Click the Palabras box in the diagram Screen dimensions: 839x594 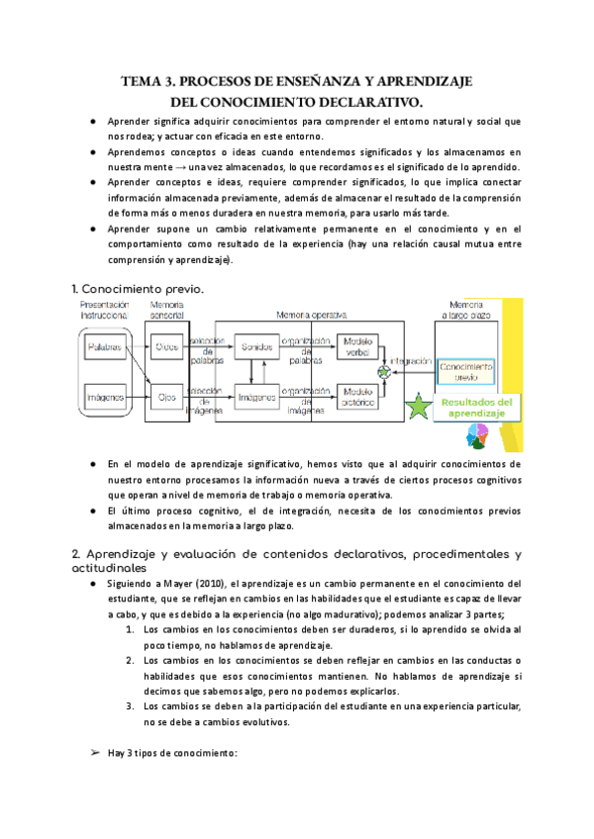(105, 349)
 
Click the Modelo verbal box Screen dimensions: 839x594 (357, 347)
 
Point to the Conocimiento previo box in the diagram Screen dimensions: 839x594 (465, 369)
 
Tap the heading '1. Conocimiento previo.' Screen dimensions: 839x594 (138, 288)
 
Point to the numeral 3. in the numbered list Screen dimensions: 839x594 (130, 705)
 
